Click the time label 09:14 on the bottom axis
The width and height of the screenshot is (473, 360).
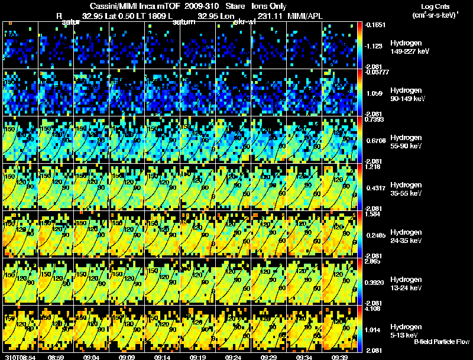point(162,357)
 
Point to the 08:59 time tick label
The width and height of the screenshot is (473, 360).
point(56,357)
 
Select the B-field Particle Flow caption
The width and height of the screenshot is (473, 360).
point(441,342)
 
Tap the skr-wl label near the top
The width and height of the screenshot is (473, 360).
point(244,22)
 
